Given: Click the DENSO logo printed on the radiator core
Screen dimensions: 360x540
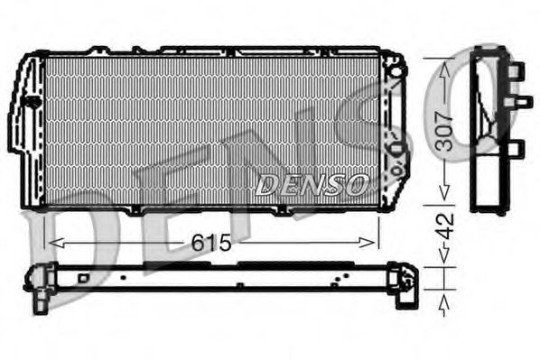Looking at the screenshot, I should click(311, 186).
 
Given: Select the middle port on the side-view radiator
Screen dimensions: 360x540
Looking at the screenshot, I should click(522, 101).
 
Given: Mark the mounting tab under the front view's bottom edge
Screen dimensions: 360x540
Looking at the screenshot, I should click(135, 211).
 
